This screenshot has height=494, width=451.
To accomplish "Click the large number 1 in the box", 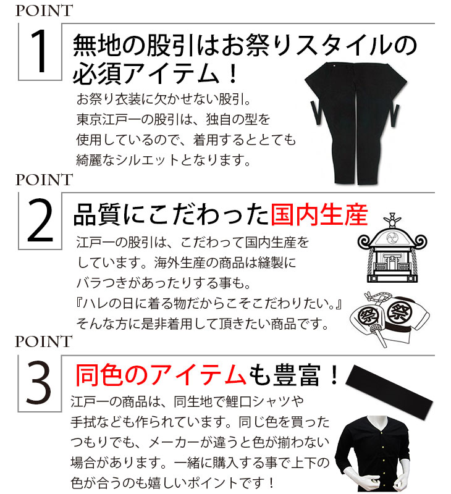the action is click(x=40, y=51).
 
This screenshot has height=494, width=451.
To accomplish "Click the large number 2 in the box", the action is click(x=40, y=220).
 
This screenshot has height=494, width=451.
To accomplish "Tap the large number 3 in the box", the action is click(x=39, y=382).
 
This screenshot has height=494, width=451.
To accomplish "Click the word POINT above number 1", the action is click(x=44, y=10).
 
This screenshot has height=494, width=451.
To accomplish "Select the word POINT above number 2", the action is click(x=44, y=180).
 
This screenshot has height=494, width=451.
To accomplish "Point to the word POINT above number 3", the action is click(x=44, y=341).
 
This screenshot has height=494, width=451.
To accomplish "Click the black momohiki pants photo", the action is click(x=355, y=123).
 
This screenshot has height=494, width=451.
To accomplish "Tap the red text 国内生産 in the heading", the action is click(x=319, y=215).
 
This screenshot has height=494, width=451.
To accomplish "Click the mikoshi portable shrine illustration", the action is click(x=392, y=248).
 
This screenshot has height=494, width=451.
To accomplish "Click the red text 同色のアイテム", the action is click(x=161, y=375).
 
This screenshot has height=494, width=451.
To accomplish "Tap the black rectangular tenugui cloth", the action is click(x=390, y=388).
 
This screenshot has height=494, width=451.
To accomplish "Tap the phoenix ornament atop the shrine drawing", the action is click(x=392, y=220).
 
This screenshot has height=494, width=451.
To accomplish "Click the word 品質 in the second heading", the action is click(x=97, y=215).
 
